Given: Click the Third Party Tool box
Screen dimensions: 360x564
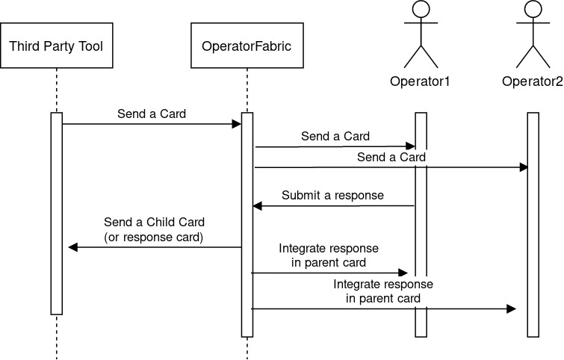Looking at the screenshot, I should [x=55, y=46].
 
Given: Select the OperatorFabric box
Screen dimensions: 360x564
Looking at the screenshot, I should [x=247, y=46].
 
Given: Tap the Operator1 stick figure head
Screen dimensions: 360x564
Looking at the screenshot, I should [x=421, y=10].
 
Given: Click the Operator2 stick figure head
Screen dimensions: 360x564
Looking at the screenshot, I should [x=533, y=10].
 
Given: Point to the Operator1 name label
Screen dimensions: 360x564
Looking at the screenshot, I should [x=420, y=81].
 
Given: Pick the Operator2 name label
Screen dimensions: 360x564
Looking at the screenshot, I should [x=532, y=81].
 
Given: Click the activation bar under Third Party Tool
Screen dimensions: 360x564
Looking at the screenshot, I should [x=56, y=213].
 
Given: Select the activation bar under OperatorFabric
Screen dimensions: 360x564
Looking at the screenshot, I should [x=247, y=224].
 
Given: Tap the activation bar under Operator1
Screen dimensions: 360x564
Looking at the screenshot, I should [x=421, y=224].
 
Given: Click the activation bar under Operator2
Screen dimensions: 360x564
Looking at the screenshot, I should [x=533, y=224].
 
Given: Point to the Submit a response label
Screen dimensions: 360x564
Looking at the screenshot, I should [x=332, y=196].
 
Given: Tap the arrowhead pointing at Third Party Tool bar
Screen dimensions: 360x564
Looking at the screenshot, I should [x=72, y=247].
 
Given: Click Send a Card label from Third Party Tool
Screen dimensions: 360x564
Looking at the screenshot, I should [x=152, y=114].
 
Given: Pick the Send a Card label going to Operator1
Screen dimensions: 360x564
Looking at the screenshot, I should [x=335, y=137].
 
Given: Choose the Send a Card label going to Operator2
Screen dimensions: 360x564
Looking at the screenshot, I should [x=391, y=158].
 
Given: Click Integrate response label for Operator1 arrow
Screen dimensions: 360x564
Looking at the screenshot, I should [x=329, y=255].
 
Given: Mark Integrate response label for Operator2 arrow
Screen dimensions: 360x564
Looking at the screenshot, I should [x=383, y=291].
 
